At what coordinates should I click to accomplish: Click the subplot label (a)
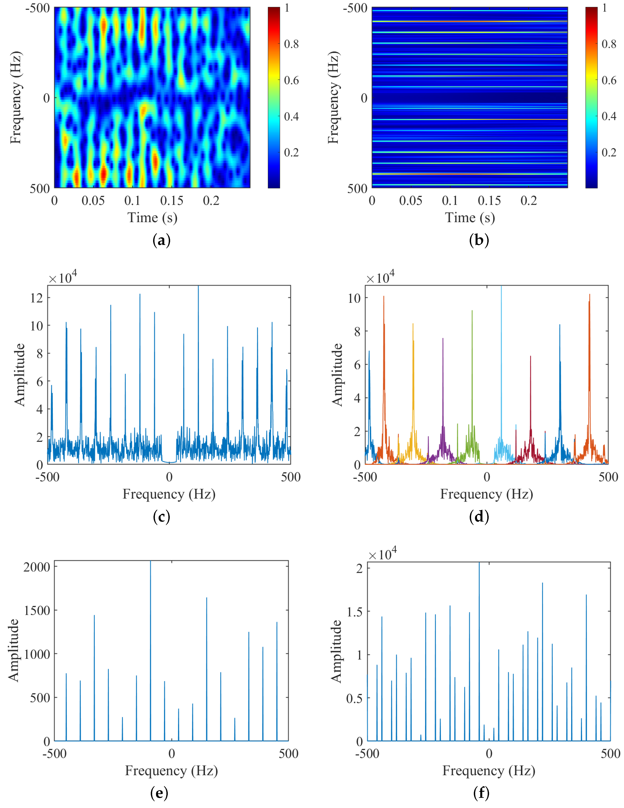click(161, 240)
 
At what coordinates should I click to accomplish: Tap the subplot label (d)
click(479, 517)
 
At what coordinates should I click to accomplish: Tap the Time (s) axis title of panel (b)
click(470, 218)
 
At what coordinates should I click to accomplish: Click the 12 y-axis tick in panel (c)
click(37, 298)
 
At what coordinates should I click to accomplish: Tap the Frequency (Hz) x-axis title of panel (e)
click(171, 771)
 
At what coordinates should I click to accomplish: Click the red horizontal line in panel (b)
click(470, 174)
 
